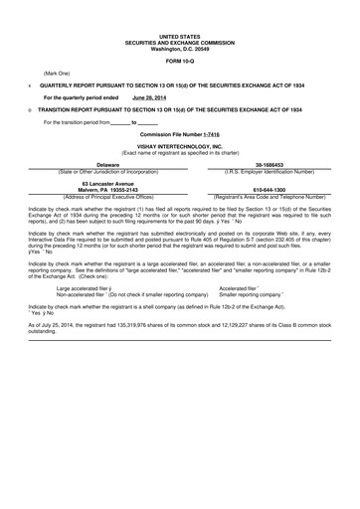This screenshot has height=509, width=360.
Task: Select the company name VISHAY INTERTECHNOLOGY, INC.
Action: pyautogui.click(x=179, y=145)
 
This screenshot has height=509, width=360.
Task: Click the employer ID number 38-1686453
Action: pyautogui.click(x=270, y=165)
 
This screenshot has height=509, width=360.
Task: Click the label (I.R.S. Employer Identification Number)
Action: pyautogui.click(x=270, y=171)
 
